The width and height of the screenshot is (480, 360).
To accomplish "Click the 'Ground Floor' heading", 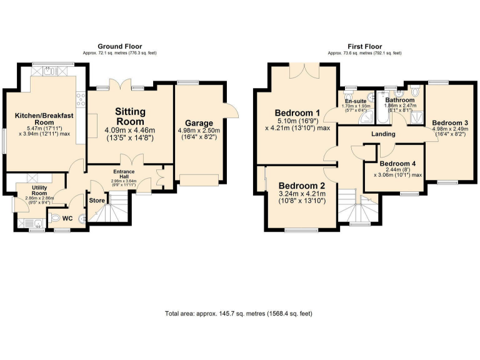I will (120, 46).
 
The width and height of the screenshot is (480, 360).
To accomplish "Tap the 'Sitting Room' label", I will (130, 116).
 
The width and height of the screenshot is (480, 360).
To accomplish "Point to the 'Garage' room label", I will (198, 123).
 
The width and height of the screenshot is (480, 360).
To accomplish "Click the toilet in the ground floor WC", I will (55, 218).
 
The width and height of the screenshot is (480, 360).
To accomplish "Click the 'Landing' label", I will (382, 134).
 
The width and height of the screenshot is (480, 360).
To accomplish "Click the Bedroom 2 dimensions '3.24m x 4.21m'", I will (301, 194).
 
